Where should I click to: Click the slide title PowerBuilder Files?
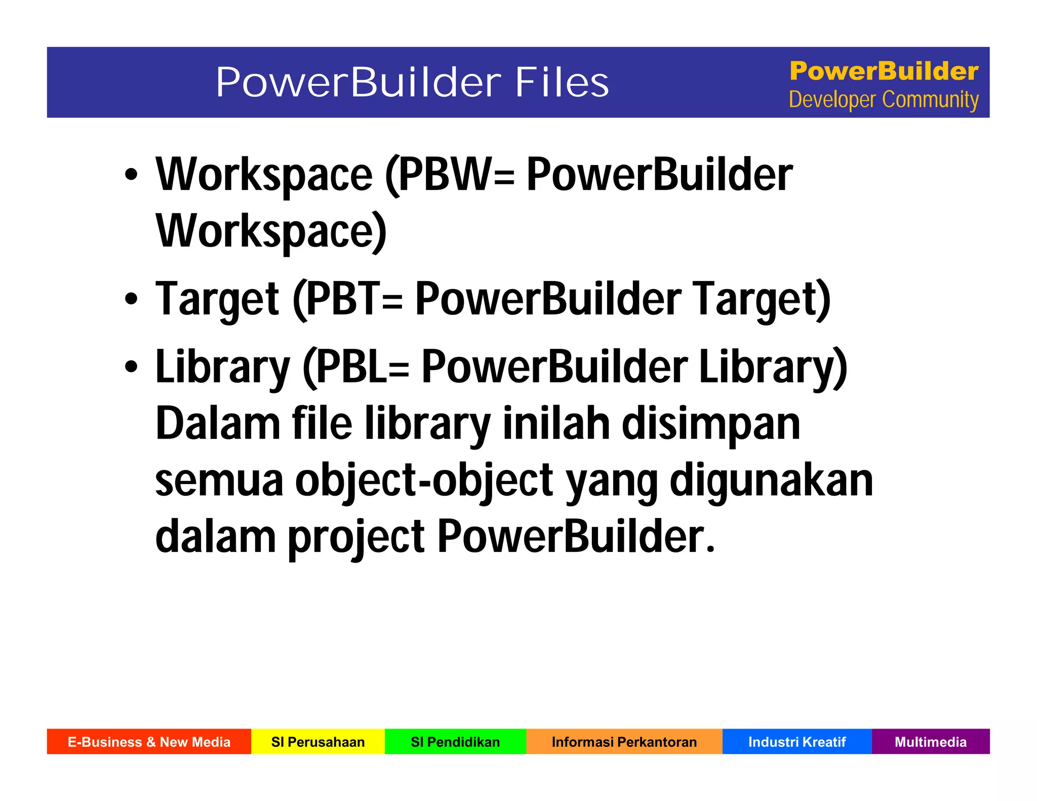tap(412, 82)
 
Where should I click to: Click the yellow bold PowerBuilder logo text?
tap(884, 71)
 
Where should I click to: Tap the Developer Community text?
tap(884, 100)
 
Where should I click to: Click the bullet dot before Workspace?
tap(131, 175)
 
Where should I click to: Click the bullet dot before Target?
tap(131, 299)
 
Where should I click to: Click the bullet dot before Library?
tap(131, 367)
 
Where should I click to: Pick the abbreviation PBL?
tap(351, 367)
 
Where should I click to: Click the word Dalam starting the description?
tap(218, 424)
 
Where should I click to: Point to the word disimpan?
tap(710, 424)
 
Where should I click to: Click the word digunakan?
tap(771, 480)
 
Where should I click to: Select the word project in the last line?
tap(356, 537)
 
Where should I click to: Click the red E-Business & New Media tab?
tap(149, 742)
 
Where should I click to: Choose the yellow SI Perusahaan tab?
tap(318, 742)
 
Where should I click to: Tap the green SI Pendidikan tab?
tap(455, 742)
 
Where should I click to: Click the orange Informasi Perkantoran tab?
tap(624, 742)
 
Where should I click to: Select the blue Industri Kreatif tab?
tap(796, 742)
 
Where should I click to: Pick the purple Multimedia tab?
tap(930, 742)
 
